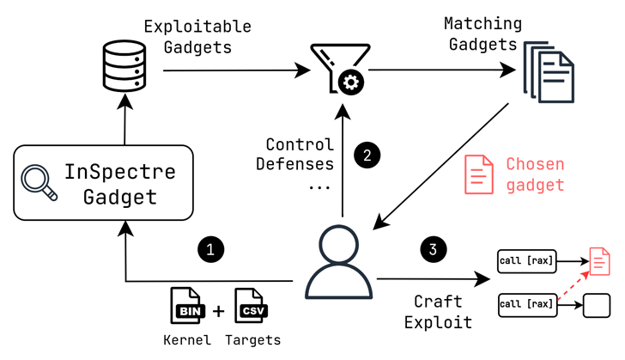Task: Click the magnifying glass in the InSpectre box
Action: pyautogui.click(x=39, y=184)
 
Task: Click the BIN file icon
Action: pyautogui.click(x=188, y=307)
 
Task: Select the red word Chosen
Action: pyautogui.click(x=535, y=163)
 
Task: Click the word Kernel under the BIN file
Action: pyautogui.click(x=187, y=340)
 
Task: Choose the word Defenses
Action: pyautogui.click(x=294, y=164)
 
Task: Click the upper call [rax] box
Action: pyautogui.click(x=527, y=259)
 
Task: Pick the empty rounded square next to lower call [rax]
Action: pyautogui.click(x=595, y=304)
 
